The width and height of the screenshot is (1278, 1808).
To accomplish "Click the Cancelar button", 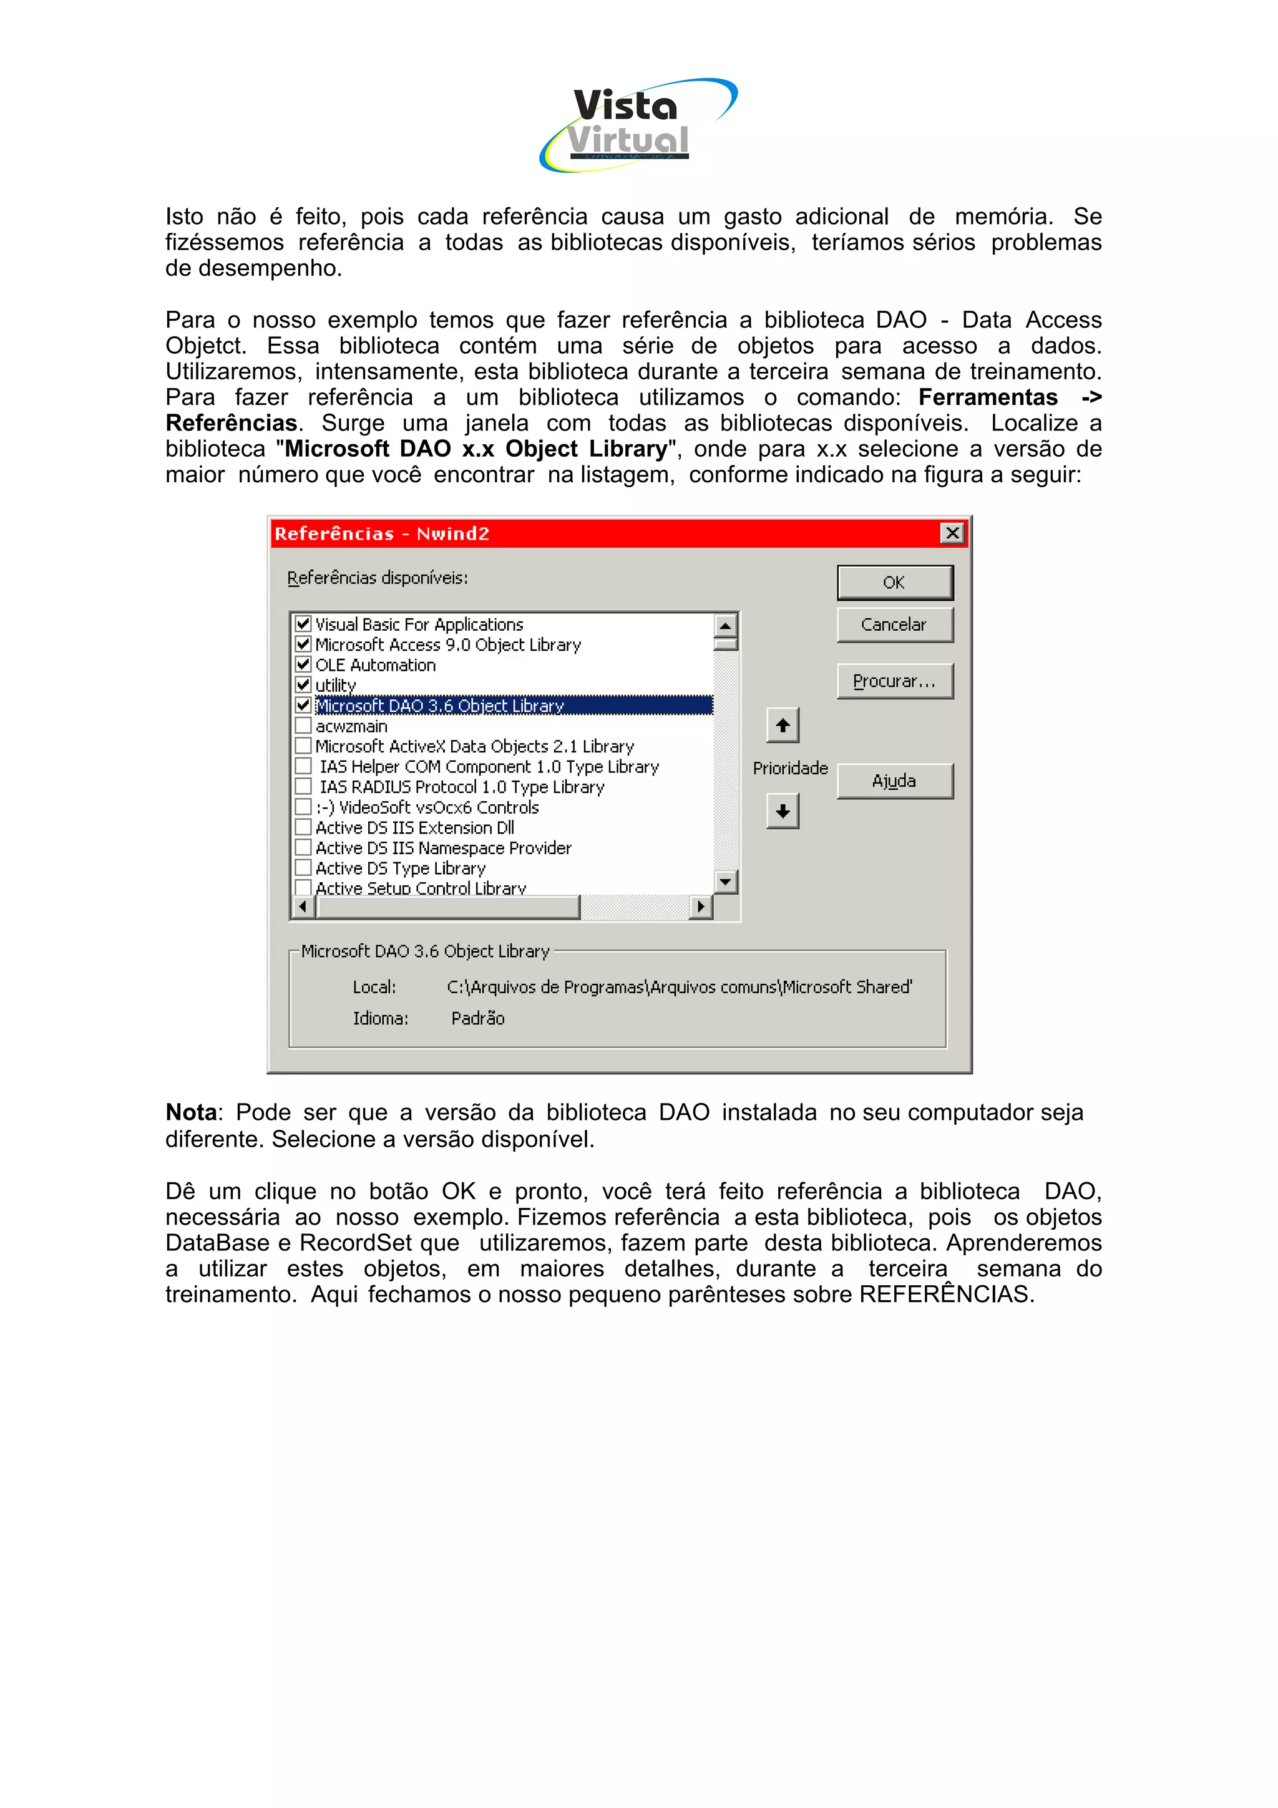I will coord(894,625).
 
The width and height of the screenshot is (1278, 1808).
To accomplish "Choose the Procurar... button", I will coord(894,681).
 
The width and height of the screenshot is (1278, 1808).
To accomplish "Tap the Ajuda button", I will coord(894,780).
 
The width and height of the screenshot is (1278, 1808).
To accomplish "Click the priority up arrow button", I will coord(782,725).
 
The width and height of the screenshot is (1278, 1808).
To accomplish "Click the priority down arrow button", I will coord(782,811).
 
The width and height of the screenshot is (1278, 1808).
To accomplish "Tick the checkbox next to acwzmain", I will coord(303,725).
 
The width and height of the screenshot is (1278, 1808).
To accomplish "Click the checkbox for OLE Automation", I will coord(303,664).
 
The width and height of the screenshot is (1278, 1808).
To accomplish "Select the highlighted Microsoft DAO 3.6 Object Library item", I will coord(439,706).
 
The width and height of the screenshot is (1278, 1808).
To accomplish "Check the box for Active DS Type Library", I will coord(303,868).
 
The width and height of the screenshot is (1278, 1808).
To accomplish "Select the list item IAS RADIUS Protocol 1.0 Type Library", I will coord(461,787).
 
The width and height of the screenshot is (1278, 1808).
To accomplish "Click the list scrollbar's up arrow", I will coord(724,625).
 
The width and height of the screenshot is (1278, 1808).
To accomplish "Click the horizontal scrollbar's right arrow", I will coord(700,906).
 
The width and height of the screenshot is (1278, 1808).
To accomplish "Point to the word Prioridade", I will coord(790,768).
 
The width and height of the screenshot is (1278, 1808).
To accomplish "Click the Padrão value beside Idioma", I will coord(477,1018).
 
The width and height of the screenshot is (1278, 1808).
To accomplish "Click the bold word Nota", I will coord(190,1112).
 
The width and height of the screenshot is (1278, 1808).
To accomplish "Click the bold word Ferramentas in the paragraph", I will coord(987,397).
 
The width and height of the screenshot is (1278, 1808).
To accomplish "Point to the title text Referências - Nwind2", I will coord(382,533).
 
